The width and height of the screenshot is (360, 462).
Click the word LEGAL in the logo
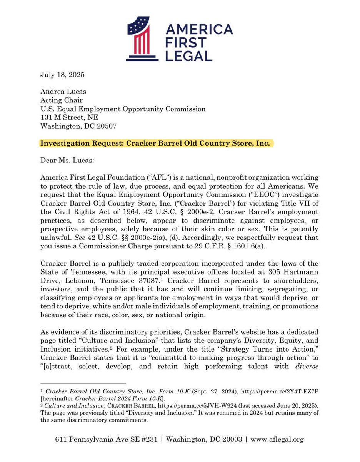point(190,55)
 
